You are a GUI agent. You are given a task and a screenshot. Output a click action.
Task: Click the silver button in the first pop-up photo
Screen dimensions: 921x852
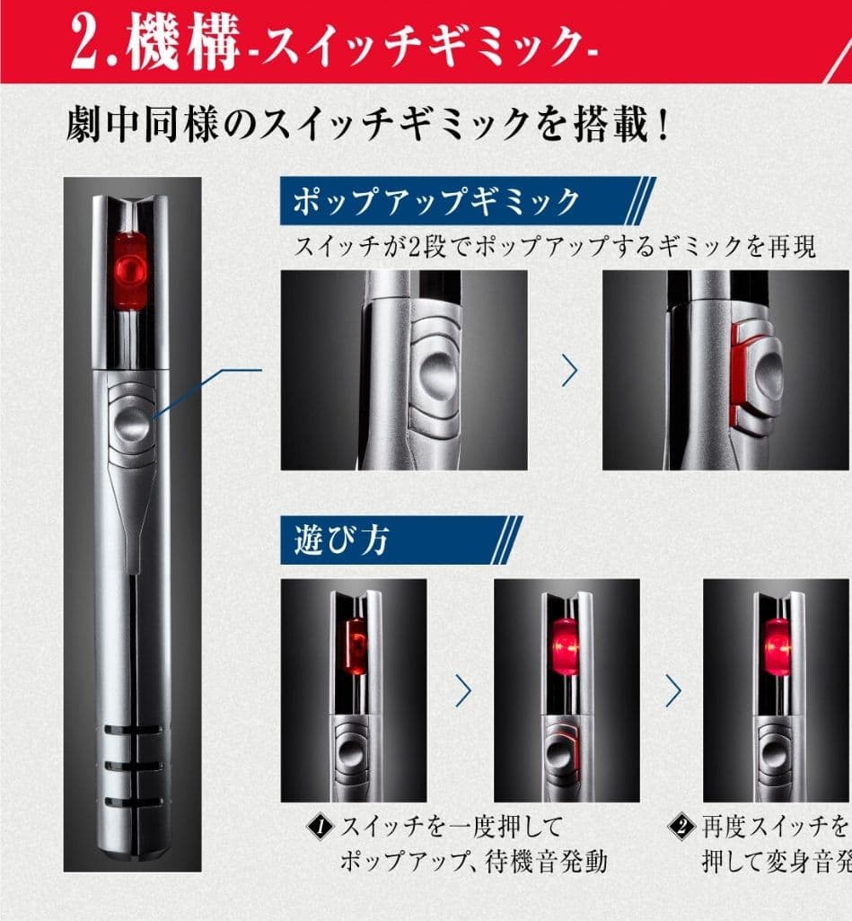coord(435,370)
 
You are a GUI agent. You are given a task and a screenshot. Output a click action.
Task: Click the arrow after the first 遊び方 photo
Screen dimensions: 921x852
coord(463,689)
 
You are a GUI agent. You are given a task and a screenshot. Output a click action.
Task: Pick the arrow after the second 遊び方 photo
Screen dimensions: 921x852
coord(673,689)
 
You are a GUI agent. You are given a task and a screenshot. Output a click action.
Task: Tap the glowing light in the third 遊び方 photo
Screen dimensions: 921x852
coord(777,647)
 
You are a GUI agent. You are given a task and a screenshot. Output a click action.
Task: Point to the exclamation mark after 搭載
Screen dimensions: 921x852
coord(662,126)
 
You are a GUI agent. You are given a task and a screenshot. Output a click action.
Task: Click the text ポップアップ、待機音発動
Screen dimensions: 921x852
coord(473,862)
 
